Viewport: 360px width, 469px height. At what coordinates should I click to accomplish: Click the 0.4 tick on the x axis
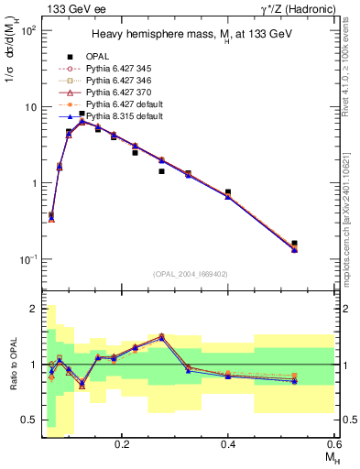pos(228,443)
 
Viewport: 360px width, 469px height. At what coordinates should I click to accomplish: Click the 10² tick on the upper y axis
pos(27,30)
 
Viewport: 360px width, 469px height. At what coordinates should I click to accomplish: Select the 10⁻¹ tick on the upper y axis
pos(27,259)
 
